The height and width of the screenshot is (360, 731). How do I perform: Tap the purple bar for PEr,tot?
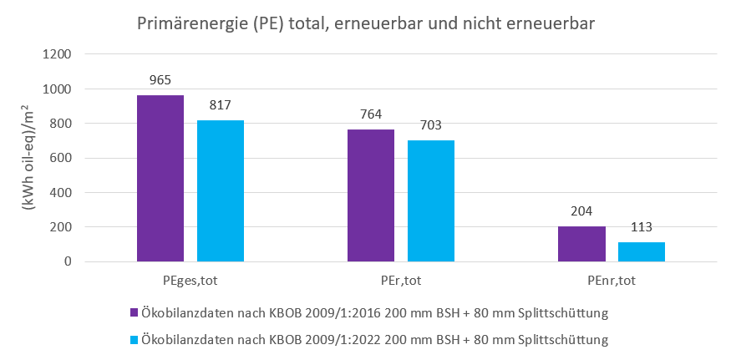(371, 195)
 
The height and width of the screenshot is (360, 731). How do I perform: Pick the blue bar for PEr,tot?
(431, 200)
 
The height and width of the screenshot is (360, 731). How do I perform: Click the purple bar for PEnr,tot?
(581, 244)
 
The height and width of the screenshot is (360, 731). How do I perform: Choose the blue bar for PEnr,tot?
(642, 251)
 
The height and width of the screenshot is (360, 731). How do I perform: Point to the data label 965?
(160, 80)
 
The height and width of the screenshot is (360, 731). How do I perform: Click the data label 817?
(221, 105)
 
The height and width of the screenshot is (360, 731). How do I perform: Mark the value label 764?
(371, 114)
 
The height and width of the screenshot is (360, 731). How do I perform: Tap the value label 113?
(642, 227)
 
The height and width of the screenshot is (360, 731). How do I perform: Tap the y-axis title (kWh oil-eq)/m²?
(28, 159)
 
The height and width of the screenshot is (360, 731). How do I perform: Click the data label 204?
(581, 211)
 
